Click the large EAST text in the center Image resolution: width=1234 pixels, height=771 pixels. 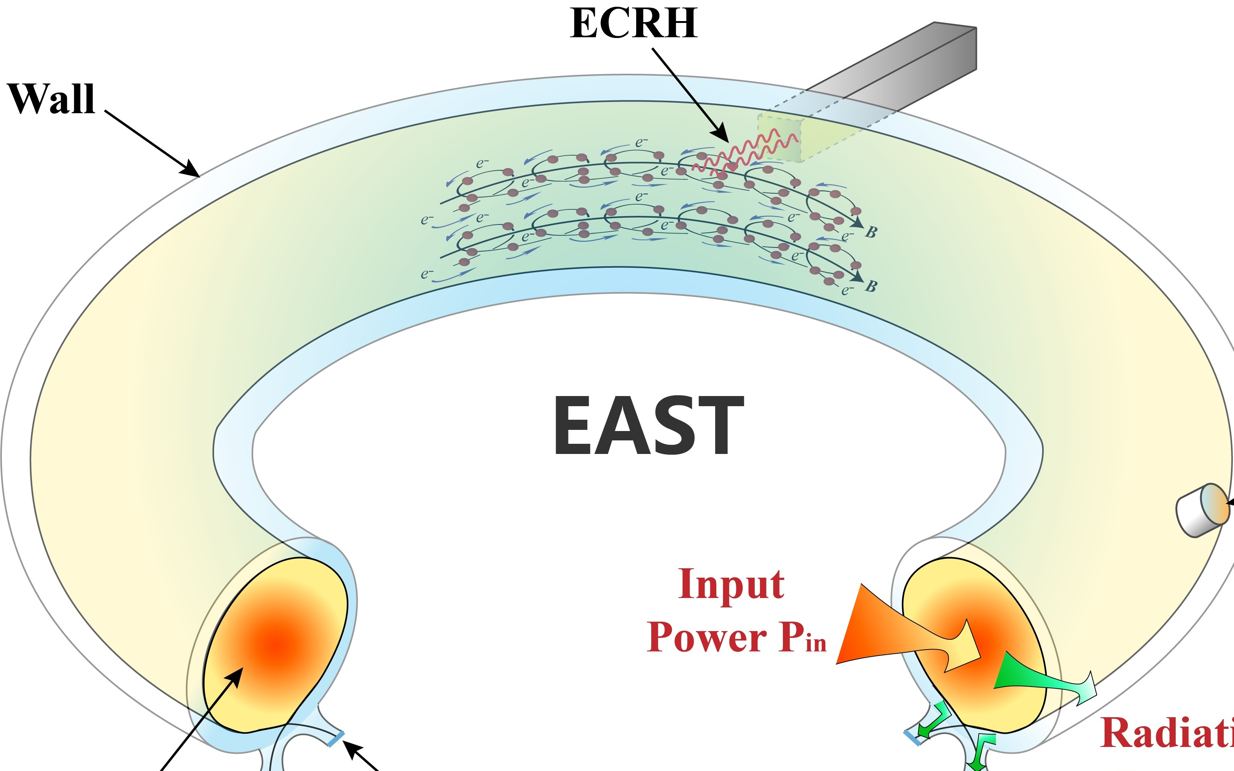click(x=648, y=425)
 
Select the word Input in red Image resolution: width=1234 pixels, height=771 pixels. click(x=731, y=584)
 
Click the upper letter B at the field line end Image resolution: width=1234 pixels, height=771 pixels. click(x=871, y=232)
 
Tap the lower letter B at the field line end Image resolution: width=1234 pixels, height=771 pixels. click(x=871, y=286)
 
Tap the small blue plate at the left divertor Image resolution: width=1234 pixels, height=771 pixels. click(x=335, y=739)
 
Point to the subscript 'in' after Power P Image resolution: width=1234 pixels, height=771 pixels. click(x=816, y=644)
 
